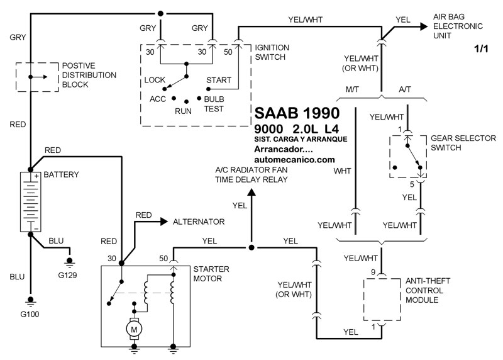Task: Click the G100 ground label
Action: [x=29, y=313]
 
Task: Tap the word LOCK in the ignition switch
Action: [x=154, y=80]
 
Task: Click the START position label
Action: [x=219, y=80]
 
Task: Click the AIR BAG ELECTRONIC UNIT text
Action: [x=458, y=26]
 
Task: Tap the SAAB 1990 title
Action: [x=297, y=113]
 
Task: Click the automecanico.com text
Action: [x=295, y=160]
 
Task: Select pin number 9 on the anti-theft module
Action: [x=372, y=272]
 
